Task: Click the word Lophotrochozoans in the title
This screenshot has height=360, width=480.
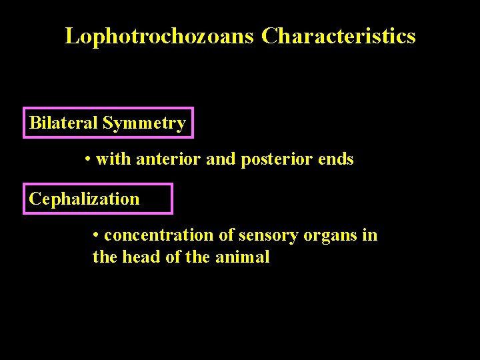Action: pos(159,36)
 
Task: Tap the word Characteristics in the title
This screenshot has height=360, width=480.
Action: pos(339,36)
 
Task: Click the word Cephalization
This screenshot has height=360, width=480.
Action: pos(85,199)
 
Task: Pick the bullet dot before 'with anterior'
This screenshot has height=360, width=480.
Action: pos(89,160)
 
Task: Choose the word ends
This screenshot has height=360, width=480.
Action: pos(336,160)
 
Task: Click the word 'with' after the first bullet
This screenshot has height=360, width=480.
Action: pos(111,160)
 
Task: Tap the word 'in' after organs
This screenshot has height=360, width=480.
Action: pos(371,236)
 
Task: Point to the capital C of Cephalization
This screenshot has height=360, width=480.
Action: pos(35,199)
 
